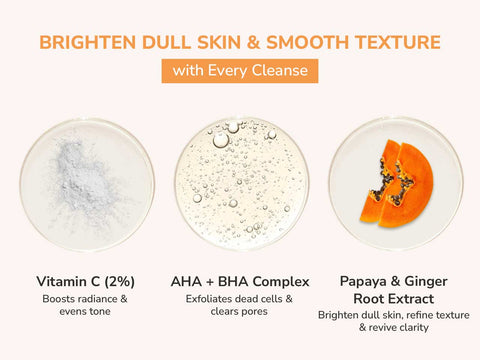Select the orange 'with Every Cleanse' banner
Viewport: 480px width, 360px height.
(x=240, y=71)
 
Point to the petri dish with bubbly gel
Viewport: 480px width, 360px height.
(x=240, y=183)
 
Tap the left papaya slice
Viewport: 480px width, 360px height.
(x=378, y=183)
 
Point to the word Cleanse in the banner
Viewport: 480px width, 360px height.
(x=280, y=71)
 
